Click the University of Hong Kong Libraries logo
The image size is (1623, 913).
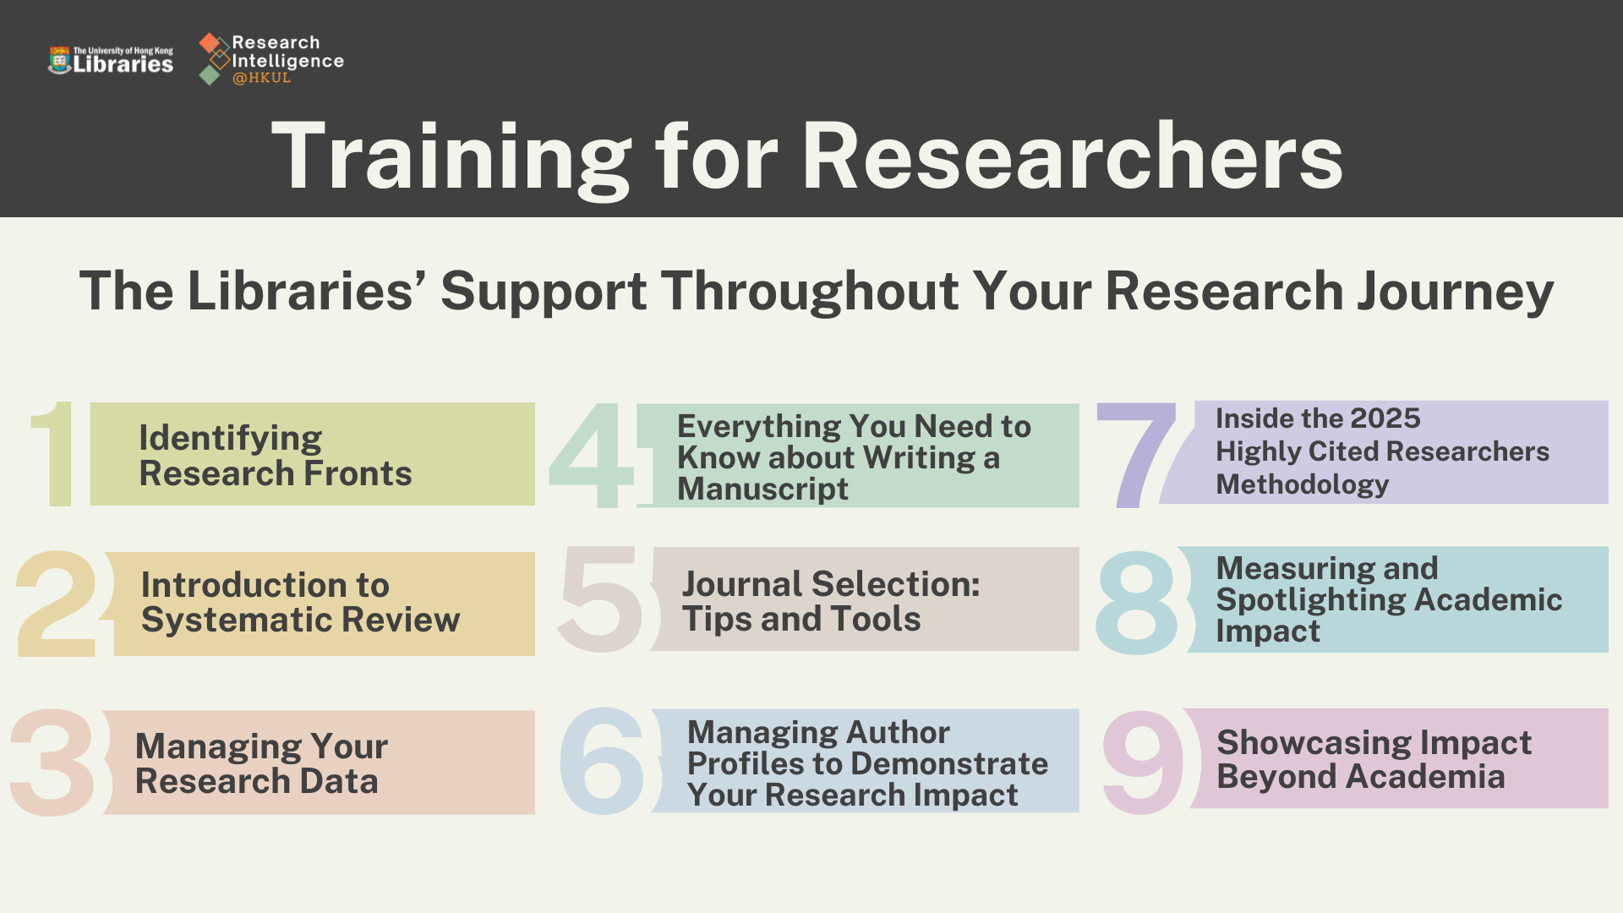[x=111, y=60]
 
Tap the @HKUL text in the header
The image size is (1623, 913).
[x=261, y=78]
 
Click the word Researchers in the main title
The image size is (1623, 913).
[x=1071, y=157]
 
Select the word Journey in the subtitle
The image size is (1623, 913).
[x=1455, y=292]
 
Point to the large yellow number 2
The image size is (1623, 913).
[x=57, y=603]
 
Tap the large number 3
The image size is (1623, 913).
[x=52, y=763]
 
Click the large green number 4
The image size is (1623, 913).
[x=592, y=456]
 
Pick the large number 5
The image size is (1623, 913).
[x=600, y=600]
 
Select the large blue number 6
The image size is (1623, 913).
[x=602, y=761]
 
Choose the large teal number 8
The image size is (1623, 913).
[x=1136, y=602]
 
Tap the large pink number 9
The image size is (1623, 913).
[x=1143, y=761]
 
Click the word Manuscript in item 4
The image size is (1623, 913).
[x=762, y=489]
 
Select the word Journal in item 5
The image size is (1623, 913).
[x=742, y=584]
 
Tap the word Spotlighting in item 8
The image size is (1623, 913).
[x=1310, y=600]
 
